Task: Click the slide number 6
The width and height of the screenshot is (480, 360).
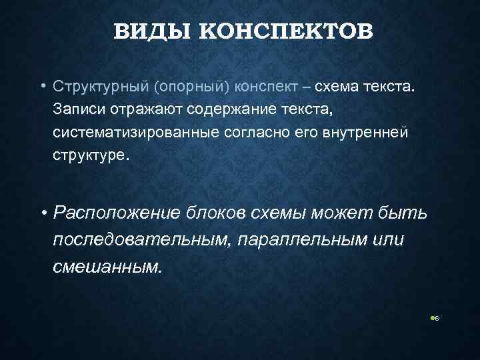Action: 436,319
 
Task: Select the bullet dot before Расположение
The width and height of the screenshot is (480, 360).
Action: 42,213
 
